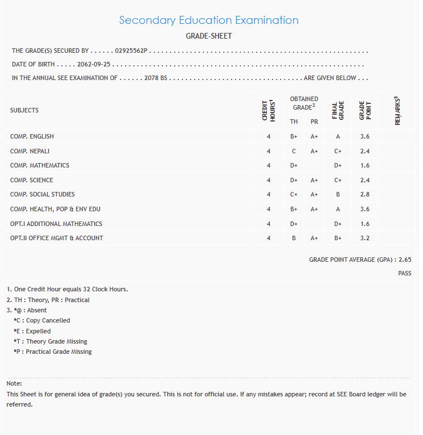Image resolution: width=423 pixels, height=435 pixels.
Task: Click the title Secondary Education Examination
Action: point(208,20)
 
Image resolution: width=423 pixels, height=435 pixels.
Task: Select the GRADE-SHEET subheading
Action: point(209,36)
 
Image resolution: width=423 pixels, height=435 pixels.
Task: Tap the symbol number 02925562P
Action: point(131,51)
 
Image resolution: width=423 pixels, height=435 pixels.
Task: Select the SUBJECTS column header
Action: point(24,110)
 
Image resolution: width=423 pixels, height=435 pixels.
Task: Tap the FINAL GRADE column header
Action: point(338,110)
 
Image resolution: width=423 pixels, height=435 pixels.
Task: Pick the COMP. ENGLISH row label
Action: point(32,136)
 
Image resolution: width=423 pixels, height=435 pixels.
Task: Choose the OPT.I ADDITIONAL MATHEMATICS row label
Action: point(56,224)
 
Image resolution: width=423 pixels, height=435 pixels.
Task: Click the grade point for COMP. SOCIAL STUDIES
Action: point(365,195)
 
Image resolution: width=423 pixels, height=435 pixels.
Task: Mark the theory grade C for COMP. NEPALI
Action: point(294,151)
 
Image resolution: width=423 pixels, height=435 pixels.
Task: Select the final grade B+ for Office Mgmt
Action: point(338,239)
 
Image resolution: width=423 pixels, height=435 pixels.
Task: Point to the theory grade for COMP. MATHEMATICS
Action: point(294,166)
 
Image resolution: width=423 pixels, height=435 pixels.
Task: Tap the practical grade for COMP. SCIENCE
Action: point(314,181)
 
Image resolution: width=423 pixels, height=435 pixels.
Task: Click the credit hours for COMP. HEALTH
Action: point(269,210)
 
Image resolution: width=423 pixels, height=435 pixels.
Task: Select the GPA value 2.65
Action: point(405,260)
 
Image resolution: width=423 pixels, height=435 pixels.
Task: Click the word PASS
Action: point(404,274)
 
